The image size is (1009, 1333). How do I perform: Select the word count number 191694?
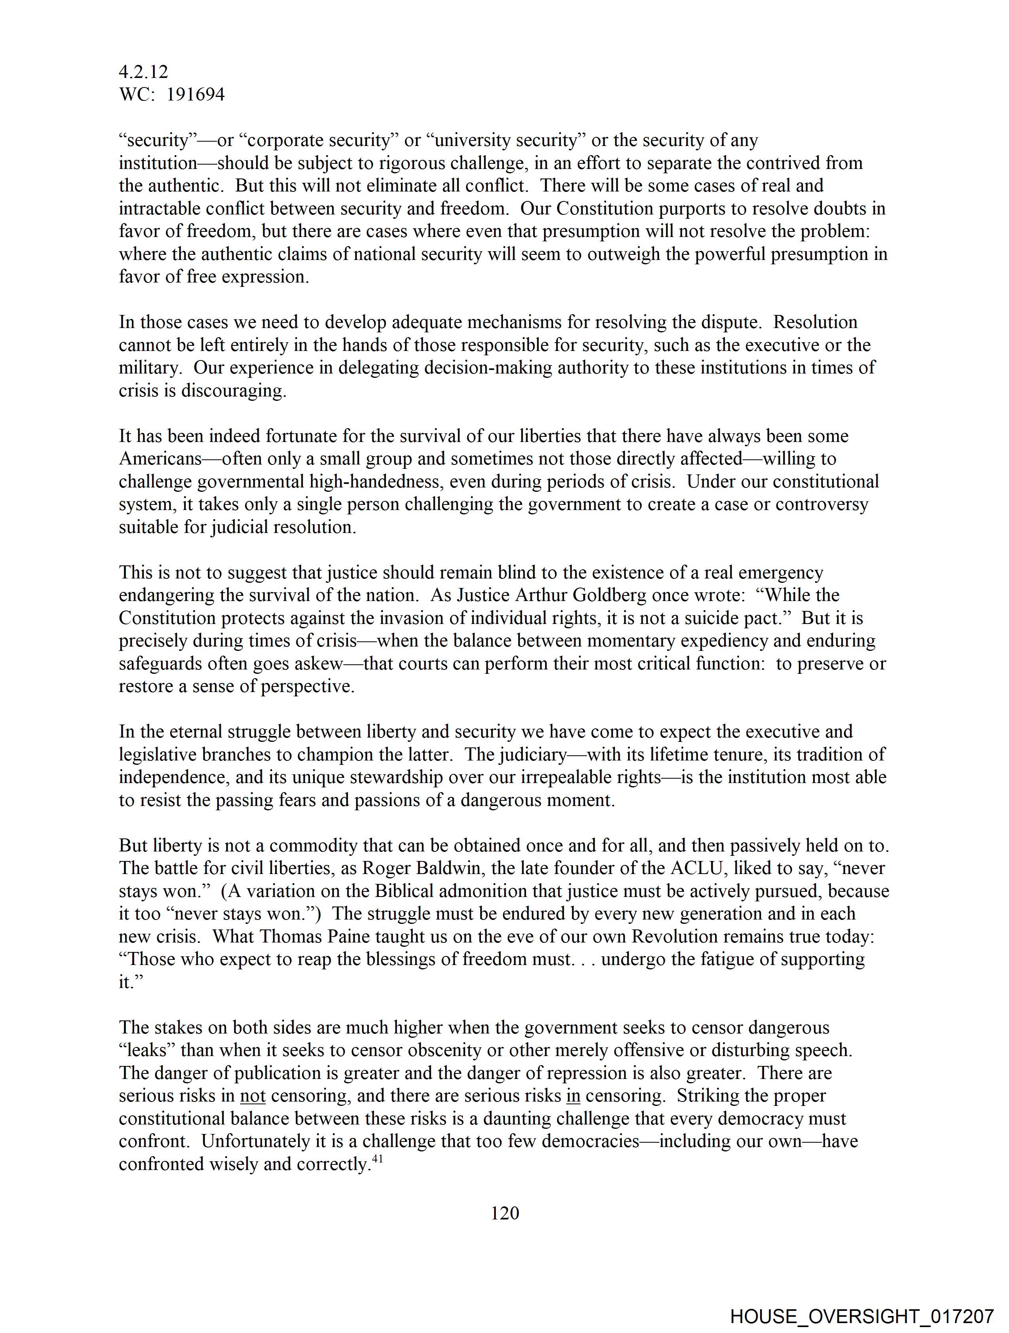(x=195, y=95)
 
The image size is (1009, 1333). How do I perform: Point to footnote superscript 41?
(x=377, y=1158)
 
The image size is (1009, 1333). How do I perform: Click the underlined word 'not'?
(x=252, y=1096)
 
